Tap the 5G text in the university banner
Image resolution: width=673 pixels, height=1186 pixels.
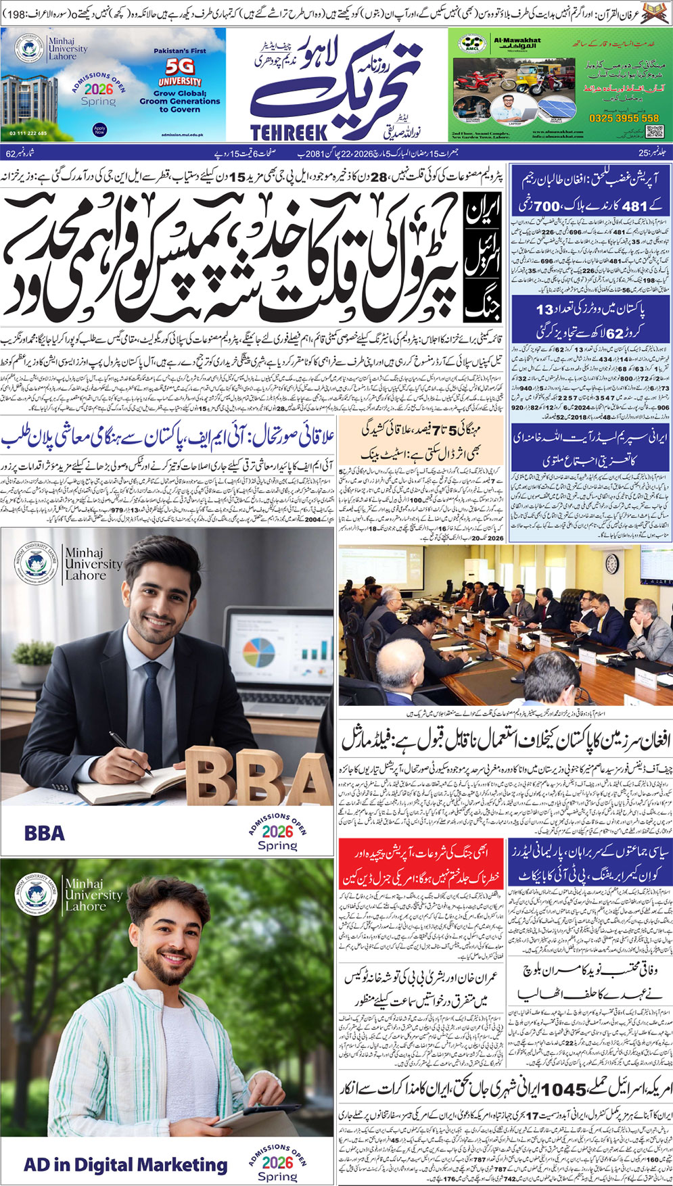point(180,66)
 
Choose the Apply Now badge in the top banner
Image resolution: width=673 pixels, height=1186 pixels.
point(100,130)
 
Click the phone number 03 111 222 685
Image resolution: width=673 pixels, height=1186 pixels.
point(28,133)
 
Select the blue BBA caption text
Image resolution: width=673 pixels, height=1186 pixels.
point(45,832)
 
